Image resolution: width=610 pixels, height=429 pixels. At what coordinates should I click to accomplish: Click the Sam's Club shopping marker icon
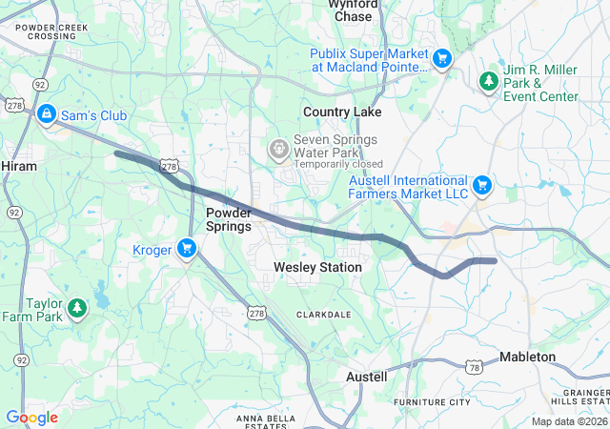pyautogui.click(x=45, y=115)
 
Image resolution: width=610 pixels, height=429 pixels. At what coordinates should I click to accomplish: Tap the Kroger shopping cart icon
pyautogui.click(x=187, y=250)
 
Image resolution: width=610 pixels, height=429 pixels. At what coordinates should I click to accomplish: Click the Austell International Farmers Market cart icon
pyautogui.click(x=482, y=183)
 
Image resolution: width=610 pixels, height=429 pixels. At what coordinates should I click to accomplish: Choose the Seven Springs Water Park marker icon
pyautogui.click(x=277, y=148)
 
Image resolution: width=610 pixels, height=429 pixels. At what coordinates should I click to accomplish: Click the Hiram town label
pyautogui.click(x=19, y=166)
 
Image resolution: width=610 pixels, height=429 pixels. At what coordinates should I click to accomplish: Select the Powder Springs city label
pyautogui.click(x=229, y=219)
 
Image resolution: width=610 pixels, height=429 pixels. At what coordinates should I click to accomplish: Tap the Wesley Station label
pyautogui.click(x=317, y=268)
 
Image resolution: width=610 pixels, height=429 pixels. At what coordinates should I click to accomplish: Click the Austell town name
pyautogui.click(x=366, y=377)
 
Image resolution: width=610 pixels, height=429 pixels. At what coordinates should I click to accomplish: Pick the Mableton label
pyautogui.click(x=527, y=357)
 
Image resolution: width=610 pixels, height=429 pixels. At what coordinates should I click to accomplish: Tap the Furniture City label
pyautogui.click(x=432, y=402)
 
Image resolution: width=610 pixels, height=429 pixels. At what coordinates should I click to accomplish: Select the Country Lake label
pyautogui.click(x=342, y=112)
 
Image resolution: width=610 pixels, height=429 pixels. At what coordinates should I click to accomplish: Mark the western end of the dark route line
pyautogui.click(x=116, y=153)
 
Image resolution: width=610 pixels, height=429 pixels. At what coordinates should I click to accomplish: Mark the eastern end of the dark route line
pyautogui.click(x=495, y=260)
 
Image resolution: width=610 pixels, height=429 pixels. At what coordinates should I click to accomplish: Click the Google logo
pyautogui.click(x=31, y=418)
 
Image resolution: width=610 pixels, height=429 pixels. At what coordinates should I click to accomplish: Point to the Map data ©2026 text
pyautogui.click(x=568, y=421)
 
